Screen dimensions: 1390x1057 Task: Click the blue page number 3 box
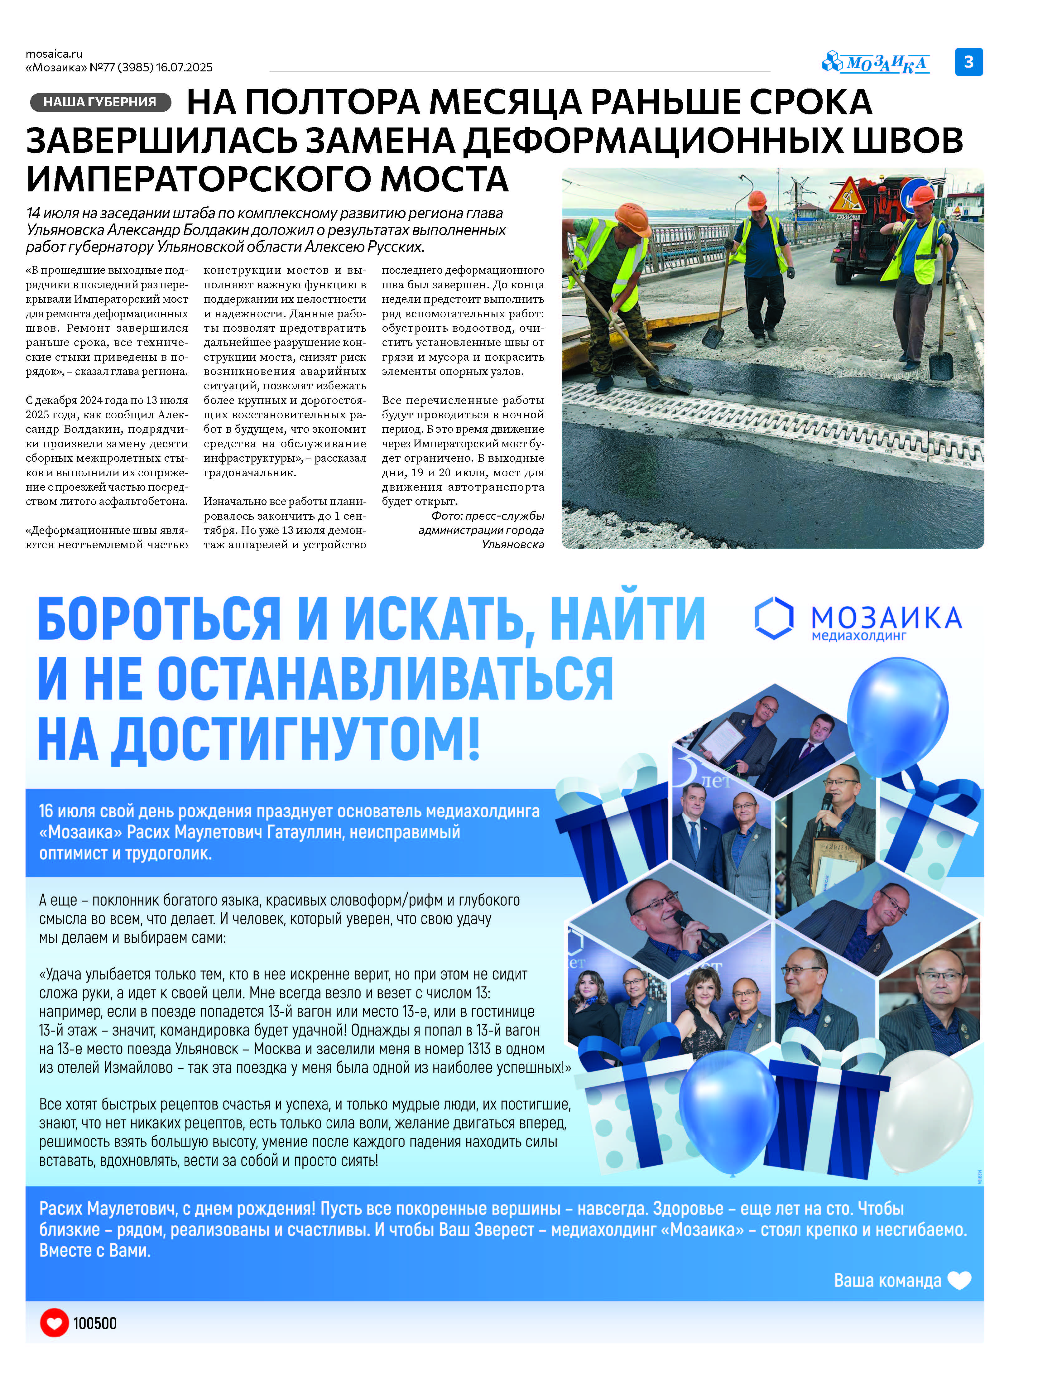pos(968,62)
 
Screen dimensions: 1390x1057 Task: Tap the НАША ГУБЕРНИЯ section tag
pos(100,102)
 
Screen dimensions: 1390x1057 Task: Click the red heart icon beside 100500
pos(54,1323)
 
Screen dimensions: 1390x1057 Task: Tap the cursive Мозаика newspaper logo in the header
pos(877,63)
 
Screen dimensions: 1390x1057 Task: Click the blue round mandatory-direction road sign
pos(915,195)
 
